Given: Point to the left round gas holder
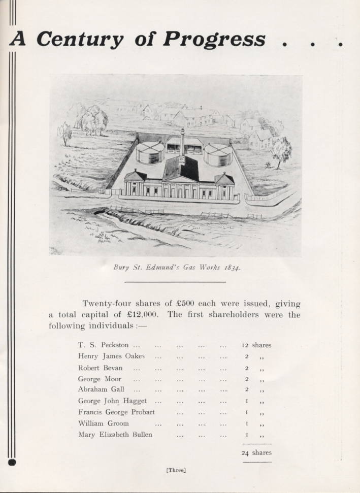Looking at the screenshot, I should [x=150, y=152].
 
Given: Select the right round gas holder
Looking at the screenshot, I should [x=218, y=154].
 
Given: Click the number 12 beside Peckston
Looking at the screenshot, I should [x=245, y=345].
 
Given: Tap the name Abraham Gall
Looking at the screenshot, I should [x=101, y=389].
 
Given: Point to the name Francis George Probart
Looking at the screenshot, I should [x=116, y=412].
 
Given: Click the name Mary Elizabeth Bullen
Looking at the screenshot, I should [x=115, y=435].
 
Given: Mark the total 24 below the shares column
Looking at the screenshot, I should [x=245, y=453].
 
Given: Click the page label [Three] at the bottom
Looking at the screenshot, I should [x=177, y=470].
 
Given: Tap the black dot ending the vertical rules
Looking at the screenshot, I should [x=13, y=462].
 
